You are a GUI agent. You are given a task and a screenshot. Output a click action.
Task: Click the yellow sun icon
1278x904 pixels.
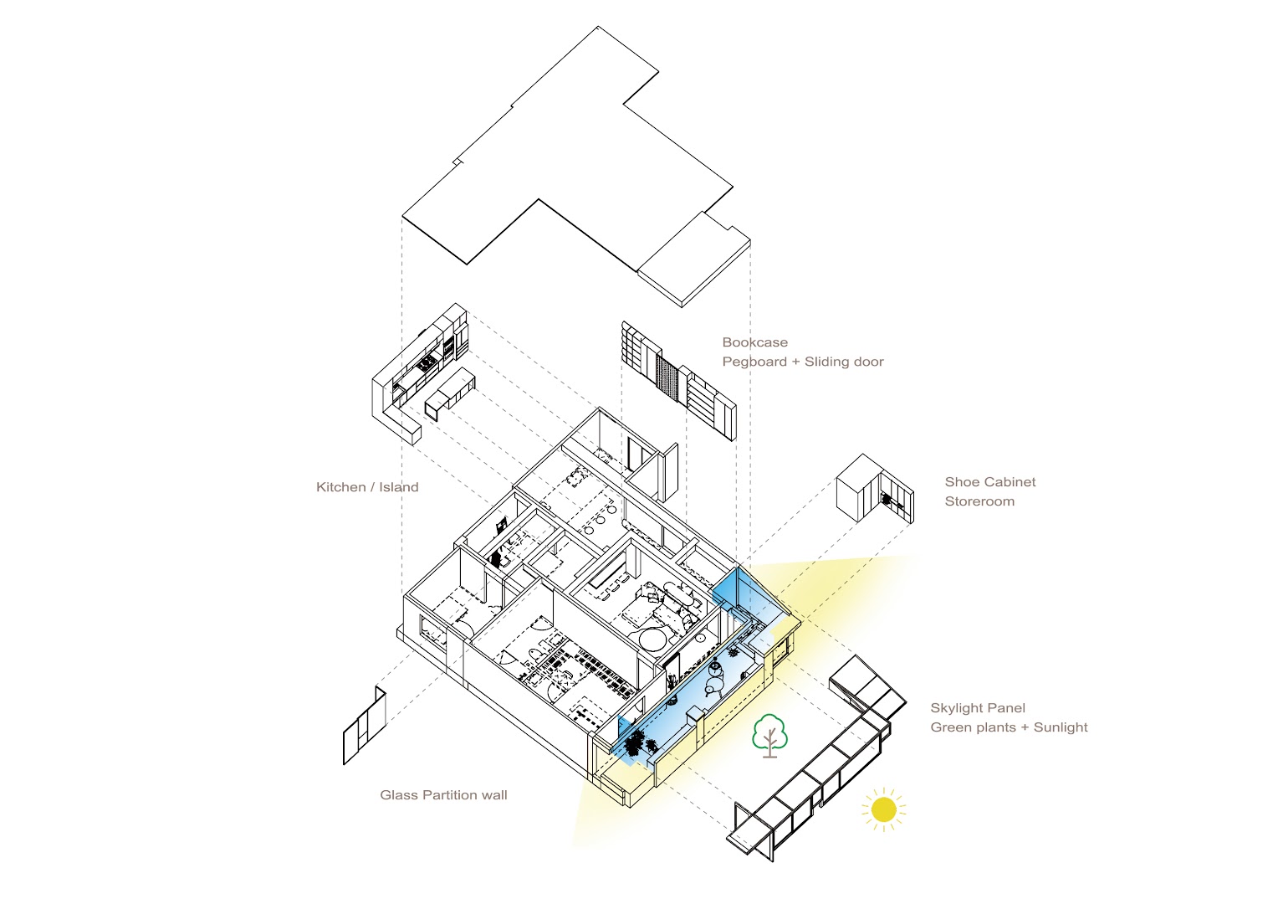pyautogui.click(x=883, y=809)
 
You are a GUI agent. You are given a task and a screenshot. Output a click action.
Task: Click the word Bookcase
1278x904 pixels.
pyautogui.click(x=754, y=342)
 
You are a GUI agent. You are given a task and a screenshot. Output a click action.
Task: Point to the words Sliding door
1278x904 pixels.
pyautogui.click(x=844, y=362)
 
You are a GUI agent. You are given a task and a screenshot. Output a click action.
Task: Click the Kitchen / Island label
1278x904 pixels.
pyautogui.click(x=367, y=487)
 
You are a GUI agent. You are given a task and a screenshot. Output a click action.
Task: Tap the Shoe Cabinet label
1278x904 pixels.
pyautogui.click(x=989, y=482)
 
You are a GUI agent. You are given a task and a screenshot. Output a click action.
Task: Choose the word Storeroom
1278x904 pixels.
pyautogui.click(x=979, y=501)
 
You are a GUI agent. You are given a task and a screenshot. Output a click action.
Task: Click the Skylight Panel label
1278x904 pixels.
pyautogui.click(x=977, y=708)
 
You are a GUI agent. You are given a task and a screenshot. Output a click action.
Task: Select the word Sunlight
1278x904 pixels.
pyautogui.click(x=1061, y=727)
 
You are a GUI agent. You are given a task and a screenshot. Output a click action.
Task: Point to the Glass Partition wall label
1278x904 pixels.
pyautogui.click(x=443, y=795)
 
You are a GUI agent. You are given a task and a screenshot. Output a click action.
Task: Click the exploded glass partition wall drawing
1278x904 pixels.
pyautogui.click(x=365, y=726)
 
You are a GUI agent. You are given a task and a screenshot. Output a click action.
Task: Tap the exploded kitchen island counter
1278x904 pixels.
pyautogui.click(x=450, y=393)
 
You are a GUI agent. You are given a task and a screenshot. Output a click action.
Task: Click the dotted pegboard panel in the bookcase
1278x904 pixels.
pyautogui.click(x=667, y=378)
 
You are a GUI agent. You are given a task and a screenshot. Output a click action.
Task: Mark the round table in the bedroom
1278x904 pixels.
pyautogui.click(x=653, y=641)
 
